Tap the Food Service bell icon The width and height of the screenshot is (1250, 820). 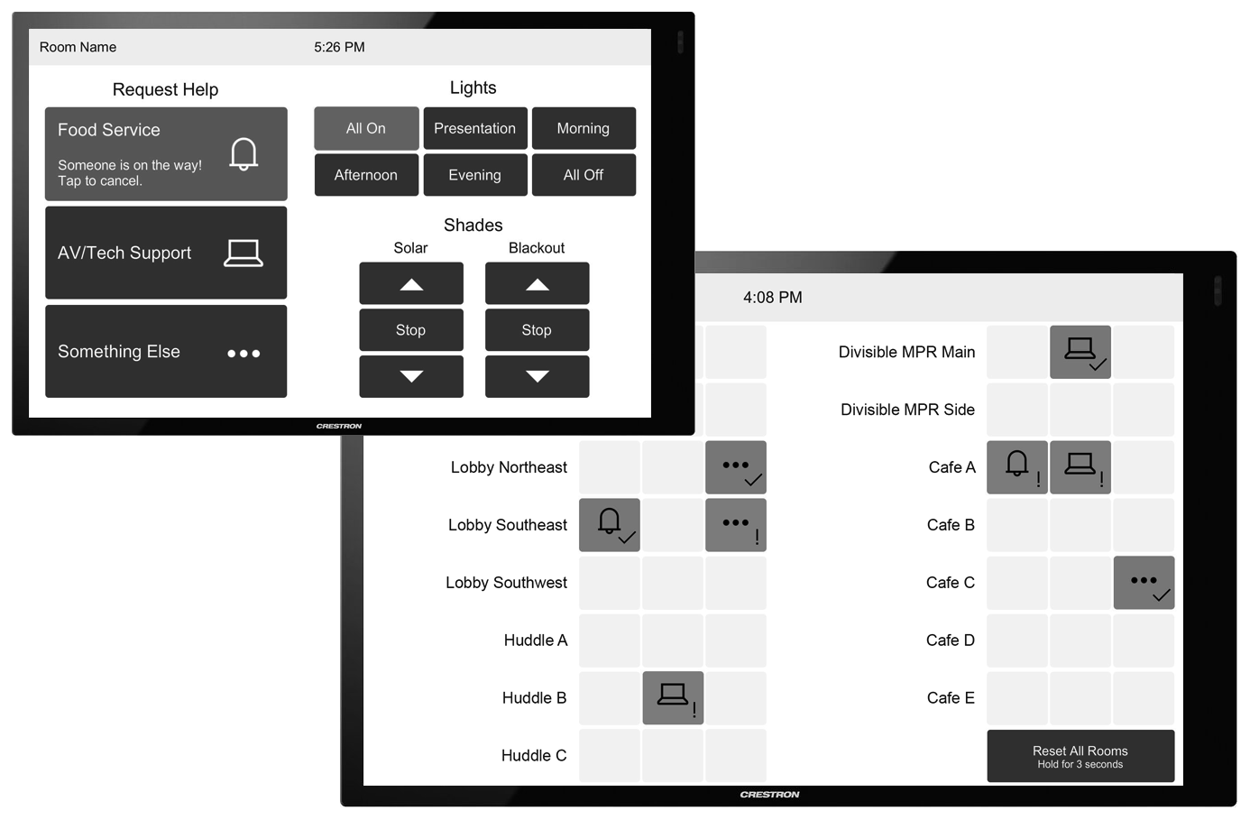pyautogui.click(x=244, y=154)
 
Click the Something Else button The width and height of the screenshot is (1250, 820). pyautogui.click(x=166, y=351)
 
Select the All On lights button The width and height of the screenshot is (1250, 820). pyautogui.click(x=366, y=128)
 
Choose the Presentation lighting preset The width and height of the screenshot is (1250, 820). pyautogui.click(x=475, y=128)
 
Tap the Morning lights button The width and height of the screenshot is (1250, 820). pyautogui.click(x=584, y=128)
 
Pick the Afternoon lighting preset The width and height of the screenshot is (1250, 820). pyautogui.click(x=366, y=175)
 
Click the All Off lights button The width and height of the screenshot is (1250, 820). pyautogui.click(x=584, y=175)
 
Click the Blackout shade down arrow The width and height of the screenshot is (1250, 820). pyautogui.click(x=537, y=376)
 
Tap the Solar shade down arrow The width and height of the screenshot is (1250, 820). pyautogui.click(x=411, y=376)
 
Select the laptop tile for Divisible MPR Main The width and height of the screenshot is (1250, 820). pyautogui.click(x=1080, y=352)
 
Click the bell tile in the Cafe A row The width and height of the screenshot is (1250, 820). pyautogui.click(x=1016, y=467)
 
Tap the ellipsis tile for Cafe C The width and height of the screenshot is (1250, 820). pyautogui.click(x=1144, y=583)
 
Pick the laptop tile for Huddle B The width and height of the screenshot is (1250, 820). pyautogui.click(x=673, y=697)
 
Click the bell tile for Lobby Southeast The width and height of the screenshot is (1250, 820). pyautogui.click(x=610, y=525)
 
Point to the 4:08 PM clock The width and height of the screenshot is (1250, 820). pyautogui.click(x=772, y=297)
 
